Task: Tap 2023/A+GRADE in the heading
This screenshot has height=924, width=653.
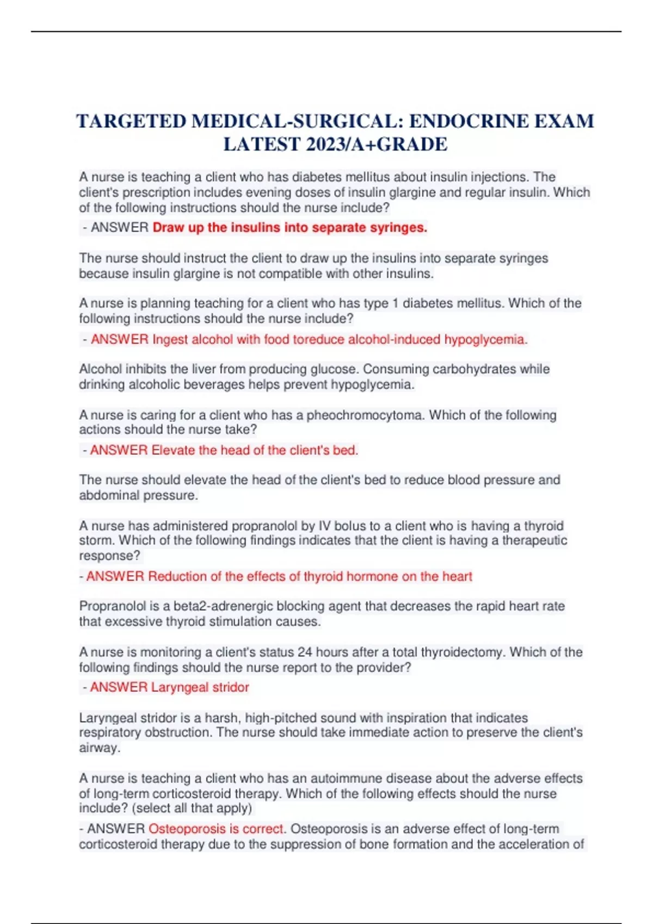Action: (377, 144)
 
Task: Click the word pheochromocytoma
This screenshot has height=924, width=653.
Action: (365, 415)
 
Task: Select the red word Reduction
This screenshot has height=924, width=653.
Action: (177, 576)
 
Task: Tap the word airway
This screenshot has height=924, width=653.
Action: (98, 747)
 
